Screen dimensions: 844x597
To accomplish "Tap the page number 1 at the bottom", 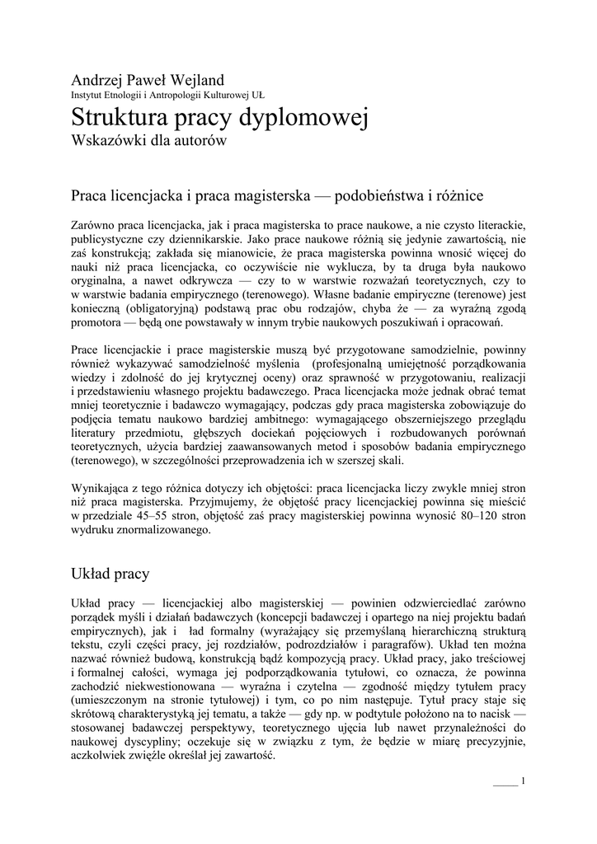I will click(523, 781).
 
